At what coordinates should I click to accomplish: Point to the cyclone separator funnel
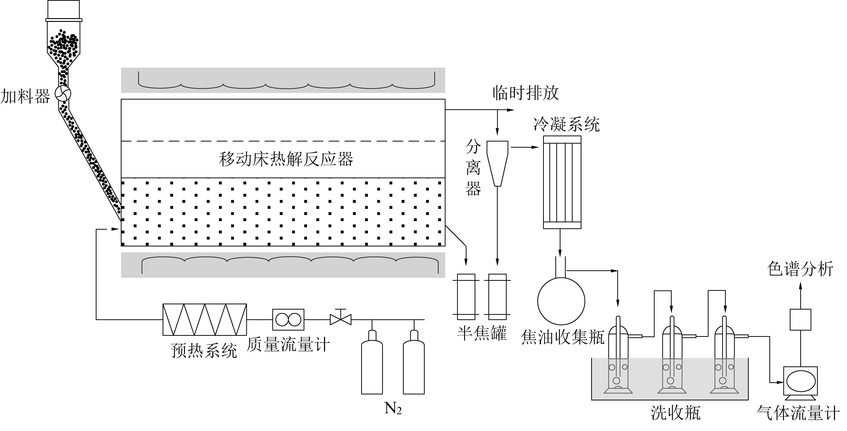click(x=498, y=163)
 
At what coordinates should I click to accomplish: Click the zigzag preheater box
click(x=205, y=319)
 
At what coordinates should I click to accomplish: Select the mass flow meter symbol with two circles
click(x=288, y=319)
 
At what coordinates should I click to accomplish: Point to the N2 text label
click(x=393, y=409)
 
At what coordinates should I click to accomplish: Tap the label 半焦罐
click(x=482, y=333)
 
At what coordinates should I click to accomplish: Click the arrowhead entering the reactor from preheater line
click(x=115, y=229)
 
